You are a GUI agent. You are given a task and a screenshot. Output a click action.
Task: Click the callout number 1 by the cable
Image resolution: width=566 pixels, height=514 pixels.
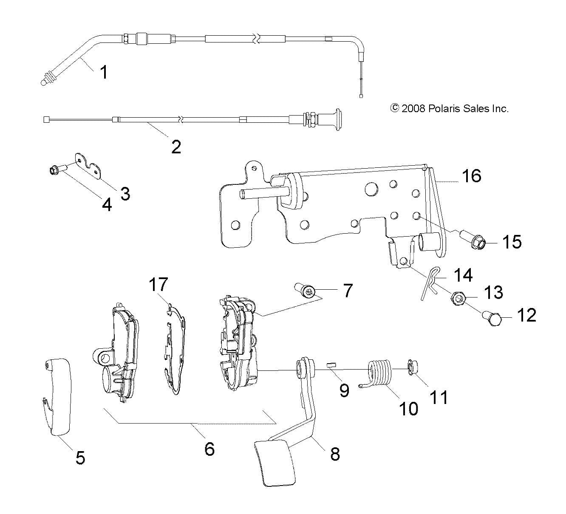pos(103,72)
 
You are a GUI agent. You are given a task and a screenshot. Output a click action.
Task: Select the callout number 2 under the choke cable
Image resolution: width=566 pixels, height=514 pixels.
pos(175,147)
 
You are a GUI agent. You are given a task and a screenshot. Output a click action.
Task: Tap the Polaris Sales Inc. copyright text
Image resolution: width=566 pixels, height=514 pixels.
pos(450,108)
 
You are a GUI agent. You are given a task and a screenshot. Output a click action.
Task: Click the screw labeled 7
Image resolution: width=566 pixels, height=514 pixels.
pos(305,291)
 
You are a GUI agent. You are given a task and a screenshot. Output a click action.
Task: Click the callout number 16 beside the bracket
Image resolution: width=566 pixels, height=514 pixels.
pos(471,175)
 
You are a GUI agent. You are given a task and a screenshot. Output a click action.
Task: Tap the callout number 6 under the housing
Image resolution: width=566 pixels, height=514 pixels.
pos(209,448)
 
